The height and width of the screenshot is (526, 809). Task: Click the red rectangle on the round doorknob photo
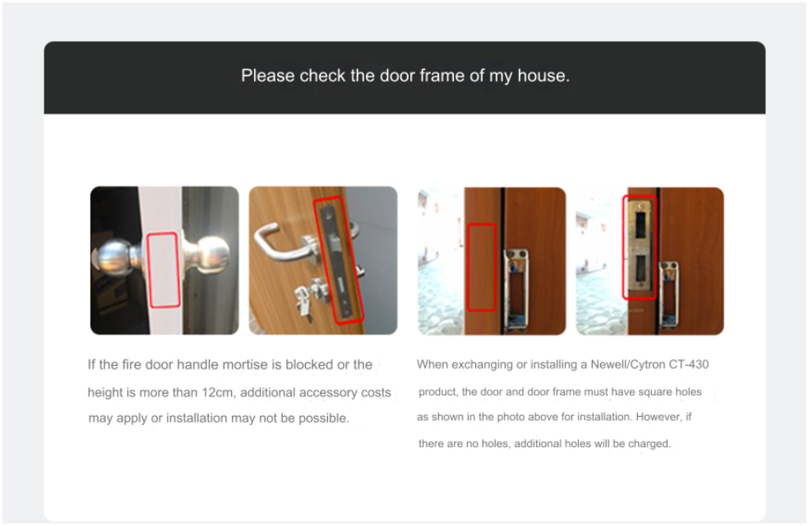164,270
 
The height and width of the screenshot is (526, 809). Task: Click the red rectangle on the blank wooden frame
482,267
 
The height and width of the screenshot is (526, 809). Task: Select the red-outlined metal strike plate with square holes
640,247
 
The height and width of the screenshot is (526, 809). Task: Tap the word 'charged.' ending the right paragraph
650,444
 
